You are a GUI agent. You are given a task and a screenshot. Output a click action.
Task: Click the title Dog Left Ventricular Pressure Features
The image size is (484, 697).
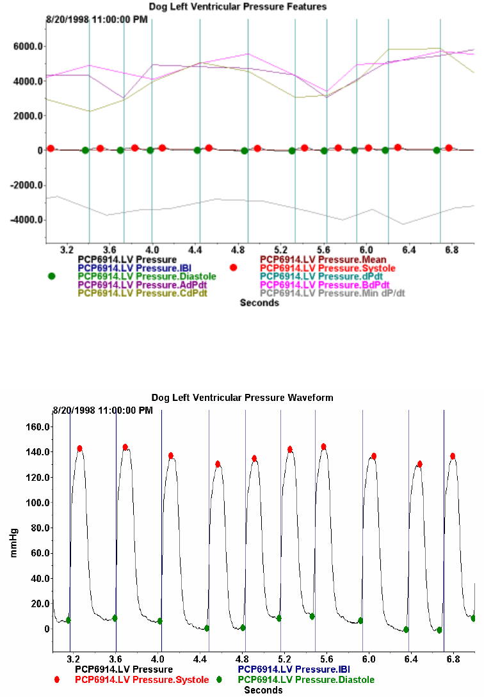[238, 6]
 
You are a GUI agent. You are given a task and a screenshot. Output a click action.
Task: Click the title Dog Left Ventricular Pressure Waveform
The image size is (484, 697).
[242, 397]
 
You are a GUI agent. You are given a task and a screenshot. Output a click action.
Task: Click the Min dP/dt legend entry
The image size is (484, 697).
[333, 293]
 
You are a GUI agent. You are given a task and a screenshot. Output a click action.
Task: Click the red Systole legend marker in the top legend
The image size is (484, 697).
[234, 267]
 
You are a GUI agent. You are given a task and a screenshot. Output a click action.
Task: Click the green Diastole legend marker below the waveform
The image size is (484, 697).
[220, 680]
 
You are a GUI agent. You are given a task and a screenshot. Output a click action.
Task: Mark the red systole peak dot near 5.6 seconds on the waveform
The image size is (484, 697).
[324, 446]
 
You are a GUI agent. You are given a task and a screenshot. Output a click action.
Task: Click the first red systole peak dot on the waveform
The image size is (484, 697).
[80, 448]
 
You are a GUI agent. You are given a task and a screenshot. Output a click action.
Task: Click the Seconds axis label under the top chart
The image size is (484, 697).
[259, 303]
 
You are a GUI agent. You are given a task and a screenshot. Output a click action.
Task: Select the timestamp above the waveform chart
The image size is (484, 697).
[102, 410]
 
